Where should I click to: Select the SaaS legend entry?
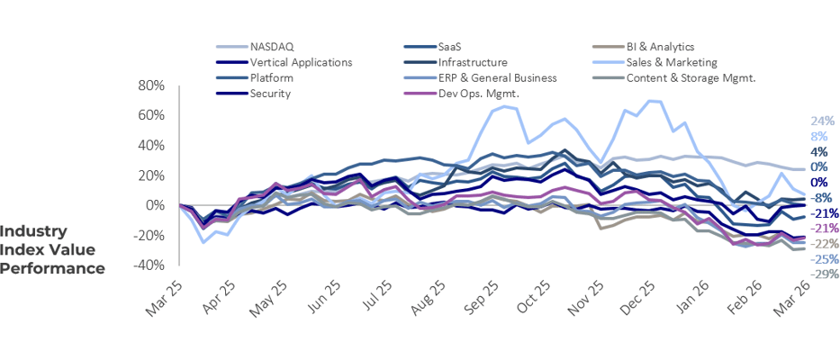click(451, 46)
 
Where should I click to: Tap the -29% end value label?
click(826, 274)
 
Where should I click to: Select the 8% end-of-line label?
click(819, 136)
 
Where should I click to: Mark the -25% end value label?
click(826, 258)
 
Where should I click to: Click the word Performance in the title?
click(52, 267)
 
